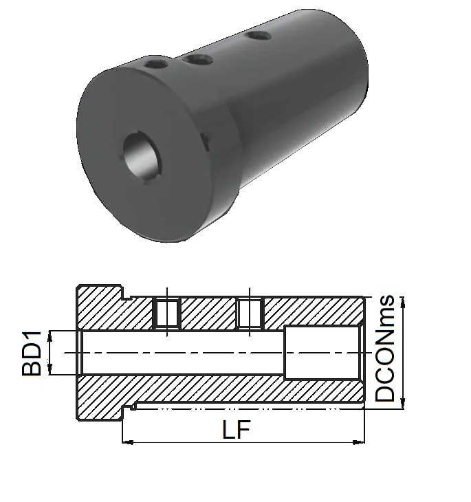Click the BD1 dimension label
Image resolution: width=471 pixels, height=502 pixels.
(32, 353)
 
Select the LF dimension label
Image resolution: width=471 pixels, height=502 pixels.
(236, 429)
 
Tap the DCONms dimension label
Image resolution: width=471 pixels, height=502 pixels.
(384, 348)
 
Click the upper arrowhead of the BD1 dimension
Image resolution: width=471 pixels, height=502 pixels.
(50, 336)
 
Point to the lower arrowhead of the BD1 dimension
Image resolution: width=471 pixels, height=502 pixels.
(50, 369)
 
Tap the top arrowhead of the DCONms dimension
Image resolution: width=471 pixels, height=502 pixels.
(403, 302)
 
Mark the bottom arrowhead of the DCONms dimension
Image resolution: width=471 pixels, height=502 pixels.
(403, 404)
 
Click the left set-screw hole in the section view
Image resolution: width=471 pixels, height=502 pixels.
(167, 314)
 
